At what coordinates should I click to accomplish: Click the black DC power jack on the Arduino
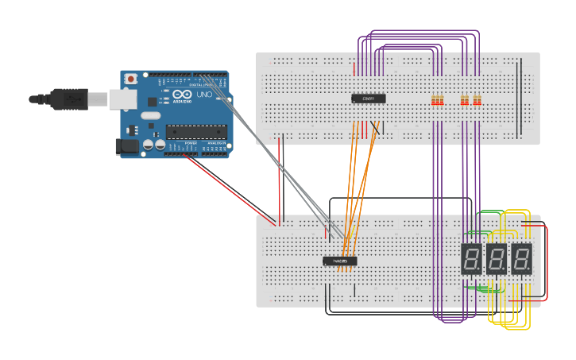point(125,146)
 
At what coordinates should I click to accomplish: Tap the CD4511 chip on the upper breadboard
point(369,99)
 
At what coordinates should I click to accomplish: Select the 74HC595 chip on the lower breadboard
point(340,261)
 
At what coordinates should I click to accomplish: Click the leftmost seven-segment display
point(471,259)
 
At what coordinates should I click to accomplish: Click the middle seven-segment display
point(497,259)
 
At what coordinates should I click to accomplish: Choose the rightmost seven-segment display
point(521,259)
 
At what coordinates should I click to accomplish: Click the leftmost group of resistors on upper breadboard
point(436,101)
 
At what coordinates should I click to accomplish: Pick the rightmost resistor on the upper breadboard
point(477,101)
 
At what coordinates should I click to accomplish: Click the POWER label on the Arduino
point(191,143)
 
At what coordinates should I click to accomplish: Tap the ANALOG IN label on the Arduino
point(215,143)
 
